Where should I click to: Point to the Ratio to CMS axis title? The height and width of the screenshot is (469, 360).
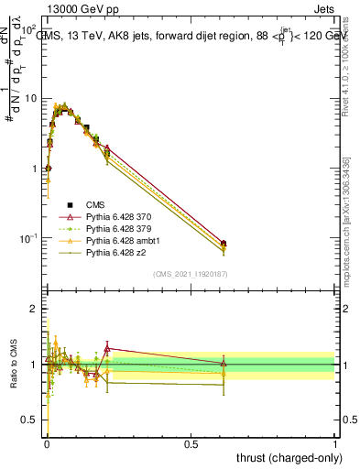click(12, 365)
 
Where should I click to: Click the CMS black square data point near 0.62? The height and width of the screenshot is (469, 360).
click(224, 244)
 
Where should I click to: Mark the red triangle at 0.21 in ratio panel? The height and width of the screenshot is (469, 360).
click(107, 349)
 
